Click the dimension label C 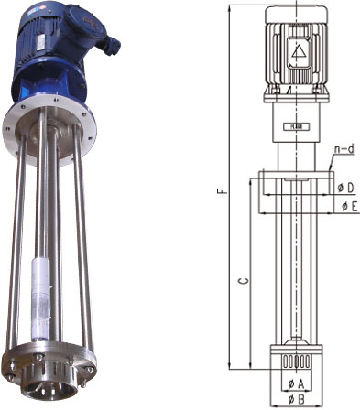(x=244, y=281)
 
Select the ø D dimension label (x=345, y=188)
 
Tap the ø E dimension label (x=349, y=207)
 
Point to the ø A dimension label (x=296, y=383)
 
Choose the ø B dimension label (x=297, y=398)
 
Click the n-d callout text (x=344, y=149)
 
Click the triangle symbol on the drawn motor (x=299, y=51)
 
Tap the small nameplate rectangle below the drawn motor (x=296, y=127)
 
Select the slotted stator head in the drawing (x=297, y=361)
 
